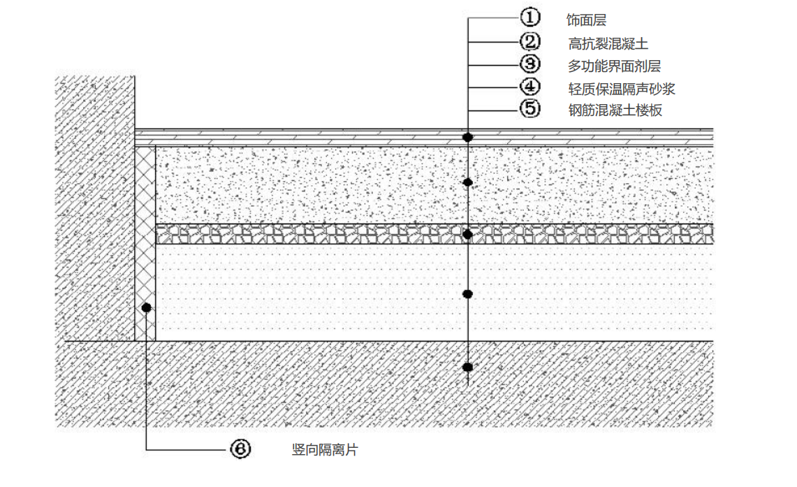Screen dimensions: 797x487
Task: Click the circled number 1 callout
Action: pos(530,17)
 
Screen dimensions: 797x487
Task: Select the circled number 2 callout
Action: pos(530,42)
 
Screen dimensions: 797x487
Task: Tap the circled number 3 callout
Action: pos(530,64)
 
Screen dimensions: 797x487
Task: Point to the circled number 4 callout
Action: pos(530,87)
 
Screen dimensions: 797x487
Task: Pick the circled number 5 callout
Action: pos(530,109)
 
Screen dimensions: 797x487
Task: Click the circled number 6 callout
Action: pos(240,449)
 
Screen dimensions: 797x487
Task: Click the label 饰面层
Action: pos(587,20)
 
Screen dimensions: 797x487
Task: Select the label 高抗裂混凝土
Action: pos(608,44)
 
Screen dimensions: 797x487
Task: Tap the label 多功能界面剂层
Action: pos(614,66)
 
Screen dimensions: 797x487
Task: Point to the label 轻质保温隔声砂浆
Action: pos(622,89)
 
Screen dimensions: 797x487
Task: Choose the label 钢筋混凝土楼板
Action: pos(615,110)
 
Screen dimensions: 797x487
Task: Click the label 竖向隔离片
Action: pos(325,450)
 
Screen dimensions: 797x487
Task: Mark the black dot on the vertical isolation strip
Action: pos(147,307)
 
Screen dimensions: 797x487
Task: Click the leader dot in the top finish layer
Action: pos(467,137)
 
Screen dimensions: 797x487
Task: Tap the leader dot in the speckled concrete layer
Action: pos(468,182)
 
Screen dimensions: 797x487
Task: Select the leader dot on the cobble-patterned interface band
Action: pos(468,234)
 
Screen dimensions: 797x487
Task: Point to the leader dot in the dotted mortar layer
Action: pos(468,294)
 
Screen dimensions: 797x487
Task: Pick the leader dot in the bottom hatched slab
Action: pos(468,367)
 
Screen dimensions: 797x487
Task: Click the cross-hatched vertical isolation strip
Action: pos(145,244)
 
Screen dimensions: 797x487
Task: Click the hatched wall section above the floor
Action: pos(95,208)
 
